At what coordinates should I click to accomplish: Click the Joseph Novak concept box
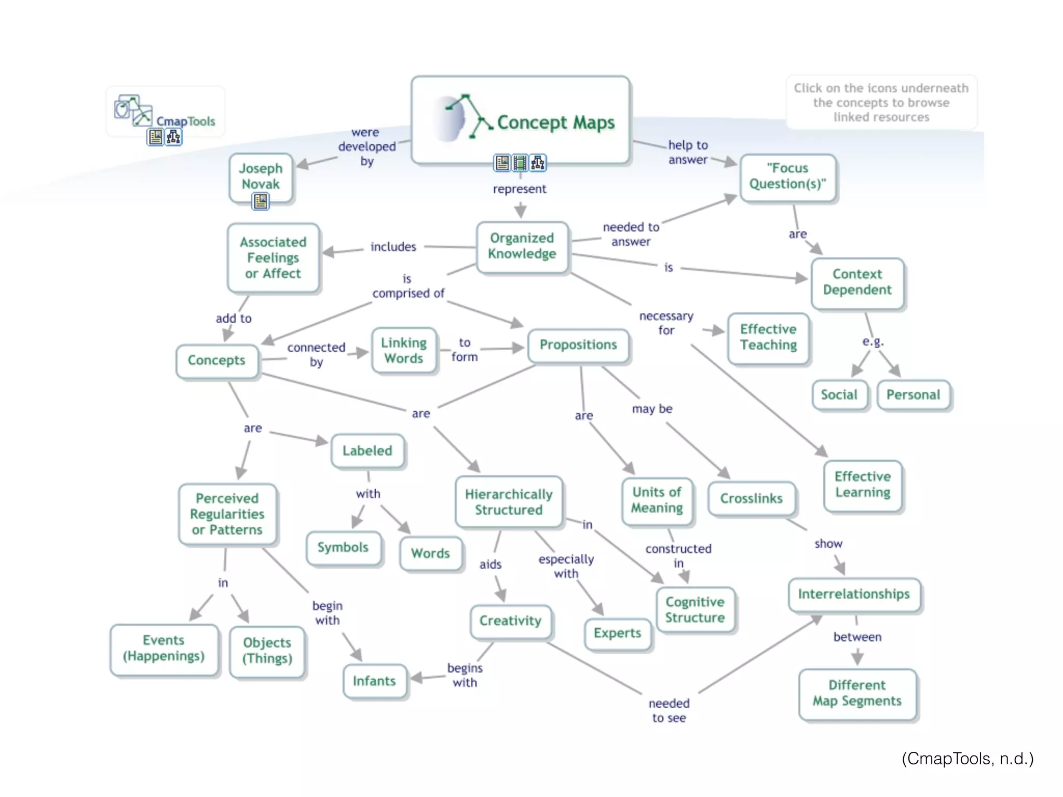tap(261, 176)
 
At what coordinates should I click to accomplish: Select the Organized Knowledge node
tap(522, 246)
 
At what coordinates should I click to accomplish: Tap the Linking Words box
tap(404, 351)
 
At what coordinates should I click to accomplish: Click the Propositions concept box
tap(578, 345)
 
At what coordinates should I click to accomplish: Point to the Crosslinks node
tap(751, 499)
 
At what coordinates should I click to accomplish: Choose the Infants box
tap(374, 681)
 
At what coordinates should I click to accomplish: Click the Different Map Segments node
tap(857, 693)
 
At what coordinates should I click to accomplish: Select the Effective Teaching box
tap(768, 337)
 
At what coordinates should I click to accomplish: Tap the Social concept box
tap(839, 395)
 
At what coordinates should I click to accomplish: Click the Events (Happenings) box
tap(163, 649)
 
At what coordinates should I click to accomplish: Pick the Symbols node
tap(343, 547)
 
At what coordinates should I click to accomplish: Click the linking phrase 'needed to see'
tap(669, 711)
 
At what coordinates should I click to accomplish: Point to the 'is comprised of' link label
tap(408, 286)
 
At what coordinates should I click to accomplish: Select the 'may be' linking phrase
tap(652, 409)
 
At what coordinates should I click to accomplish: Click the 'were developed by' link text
tap(366, 147)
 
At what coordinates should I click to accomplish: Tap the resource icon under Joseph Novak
tap(261, 201)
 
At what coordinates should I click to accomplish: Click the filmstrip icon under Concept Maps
tap(520, 163)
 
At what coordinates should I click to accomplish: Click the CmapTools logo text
tap(185, 121)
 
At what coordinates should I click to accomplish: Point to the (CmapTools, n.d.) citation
tap(967, 759)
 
